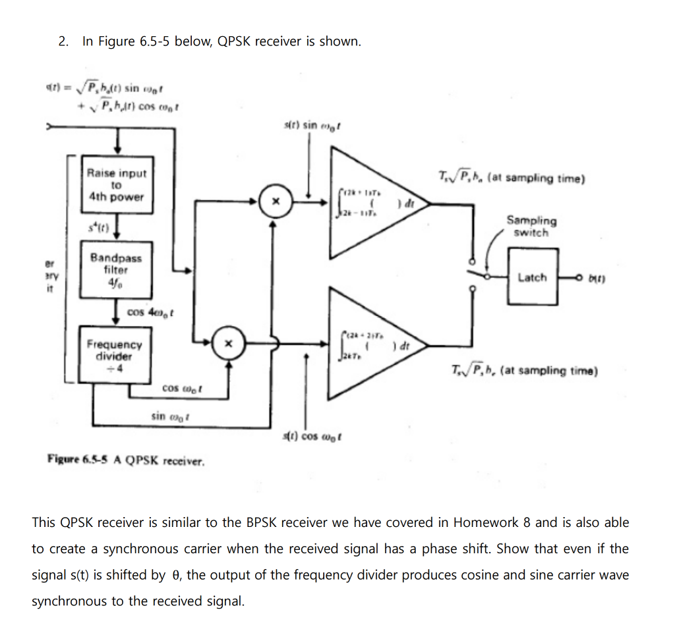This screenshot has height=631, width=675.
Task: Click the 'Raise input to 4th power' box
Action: (x=117, y=185)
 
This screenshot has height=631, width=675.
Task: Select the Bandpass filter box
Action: (x=116, y=269)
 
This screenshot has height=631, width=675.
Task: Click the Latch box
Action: (x=533, y=277)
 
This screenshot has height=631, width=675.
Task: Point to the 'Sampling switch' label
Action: (x=531, y=226)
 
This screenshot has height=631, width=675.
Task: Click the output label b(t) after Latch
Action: (x=596, y=278)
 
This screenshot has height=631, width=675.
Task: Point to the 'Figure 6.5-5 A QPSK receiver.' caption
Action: (x=126, y=459)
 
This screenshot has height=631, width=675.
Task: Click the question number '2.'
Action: (x=63, y=41)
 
